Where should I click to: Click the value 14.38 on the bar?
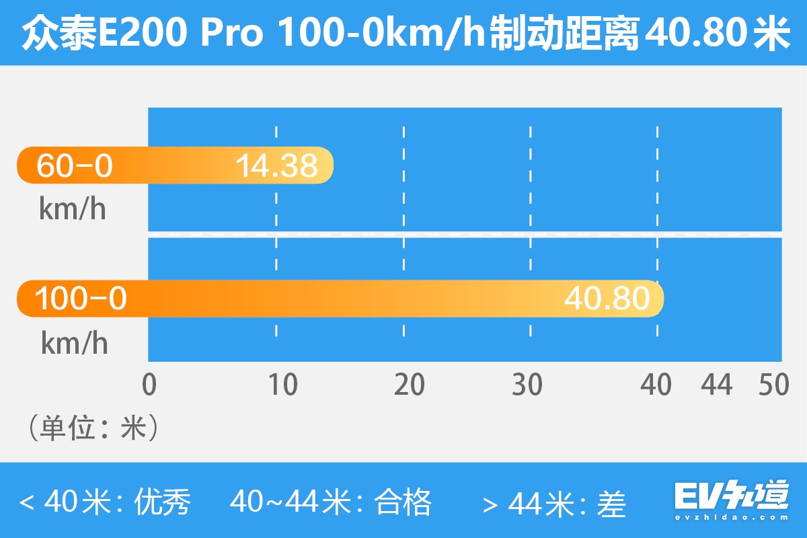click(x=276, y=165)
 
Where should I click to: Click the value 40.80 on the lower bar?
click(x=607, y=299)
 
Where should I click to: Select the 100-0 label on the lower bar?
click(x=81, y=299)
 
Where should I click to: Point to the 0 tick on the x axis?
click(x=149, y=385)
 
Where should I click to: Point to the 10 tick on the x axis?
click(x=282, y=385)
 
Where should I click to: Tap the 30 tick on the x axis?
click(x=527, y=385)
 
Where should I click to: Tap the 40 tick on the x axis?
click(x=656, y=385)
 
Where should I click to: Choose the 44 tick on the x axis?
click(x=717, y=385)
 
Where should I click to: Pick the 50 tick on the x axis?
click(x=773, y=385)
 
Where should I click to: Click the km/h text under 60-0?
click(x=73, y=210)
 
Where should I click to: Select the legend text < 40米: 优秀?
click(x=106, y=502)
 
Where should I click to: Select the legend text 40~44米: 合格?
click(x=330, y=502)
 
